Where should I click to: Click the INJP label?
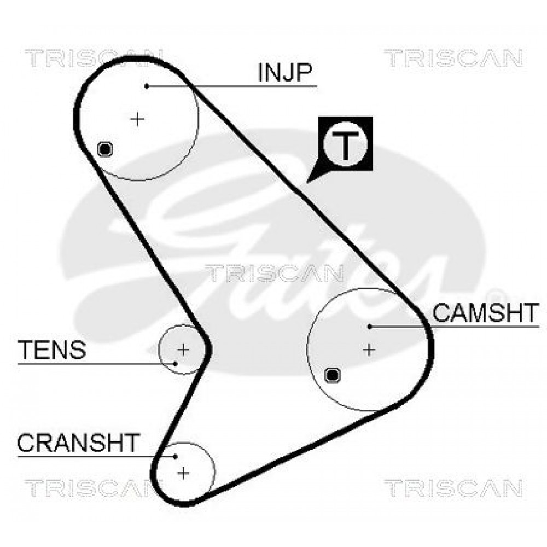pos(284,73)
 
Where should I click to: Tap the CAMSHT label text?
pos(486,312)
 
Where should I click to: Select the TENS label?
pos(51,350)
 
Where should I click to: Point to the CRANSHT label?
pos(78,443)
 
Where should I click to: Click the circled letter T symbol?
pos(345,144)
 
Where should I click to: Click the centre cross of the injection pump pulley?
pos(137,120)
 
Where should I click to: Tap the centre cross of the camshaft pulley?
pos(369,349)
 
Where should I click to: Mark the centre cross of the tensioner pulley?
pos(183,349)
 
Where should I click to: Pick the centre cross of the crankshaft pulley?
pos(183,473)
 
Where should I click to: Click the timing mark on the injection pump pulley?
pos(105,149)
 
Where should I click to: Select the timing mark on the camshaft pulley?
pos(333,375)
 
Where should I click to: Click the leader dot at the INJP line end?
pos(147,86)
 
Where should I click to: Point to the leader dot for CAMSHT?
pos(370,327)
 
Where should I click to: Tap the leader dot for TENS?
pos(176,364)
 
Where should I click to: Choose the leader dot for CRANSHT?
pos(175,457)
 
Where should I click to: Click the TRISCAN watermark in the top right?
pos(453,58)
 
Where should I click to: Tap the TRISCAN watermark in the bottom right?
pos(453,488)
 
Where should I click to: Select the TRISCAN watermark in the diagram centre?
pos(274,273)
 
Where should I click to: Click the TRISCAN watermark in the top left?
pos(94,58)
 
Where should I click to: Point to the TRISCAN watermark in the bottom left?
pos(94,488)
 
